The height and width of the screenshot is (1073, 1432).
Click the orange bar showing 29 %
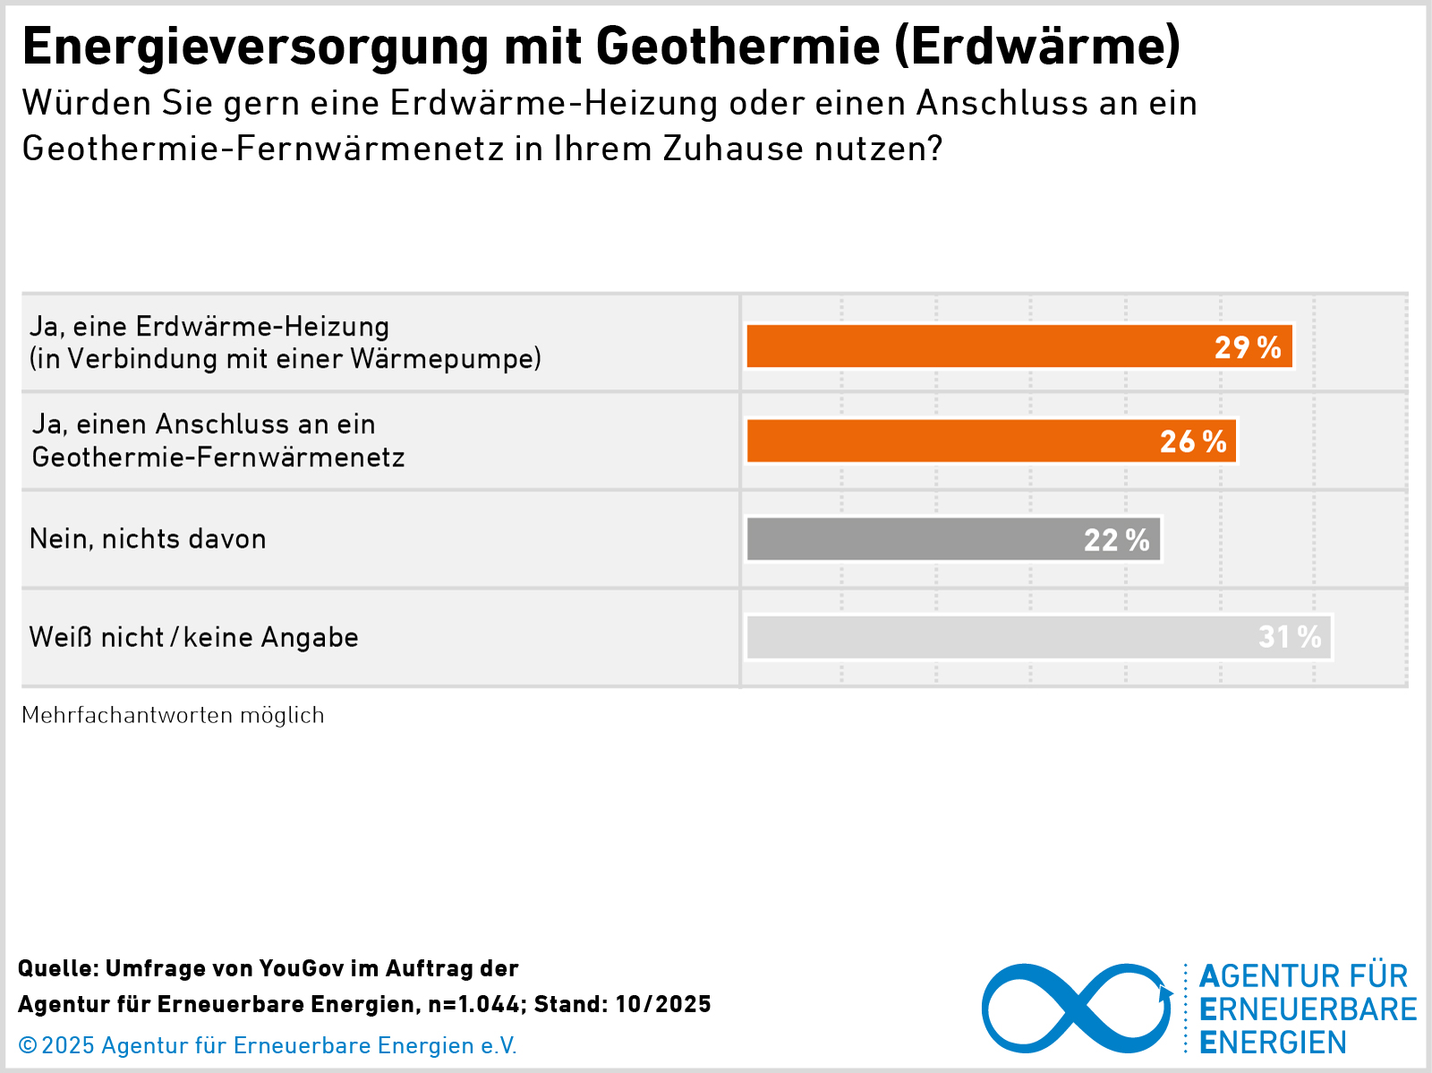[976, 346]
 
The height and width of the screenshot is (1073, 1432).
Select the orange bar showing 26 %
[949, 441]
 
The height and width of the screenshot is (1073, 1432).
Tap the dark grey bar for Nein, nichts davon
[913, 539]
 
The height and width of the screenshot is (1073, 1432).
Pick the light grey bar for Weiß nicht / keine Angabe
[993, 637]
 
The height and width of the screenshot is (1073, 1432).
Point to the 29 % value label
[1248, 347]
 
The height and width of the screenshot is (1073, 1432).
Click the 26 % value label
[1193, 442]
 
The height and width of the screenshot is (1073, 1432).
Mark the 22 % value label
[1117, 540]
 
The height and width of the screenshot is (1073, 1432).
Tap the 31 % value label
[1290, 637]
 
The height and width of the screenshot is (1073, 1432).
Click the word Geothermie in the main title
[738, 47]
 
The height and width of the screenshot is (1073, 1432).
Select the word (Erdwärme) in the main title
[1037, 47]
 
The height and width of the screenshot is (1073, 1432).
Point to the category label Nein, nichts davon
[148, 539]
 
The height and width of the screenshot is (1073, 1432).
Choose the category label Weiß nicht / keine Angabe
[193, 637]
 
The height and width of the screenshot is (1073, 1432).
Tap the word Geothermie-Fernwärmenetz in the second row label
[218, 457]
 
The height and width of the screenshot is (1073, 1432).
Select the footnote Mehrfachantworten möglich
[173, 715]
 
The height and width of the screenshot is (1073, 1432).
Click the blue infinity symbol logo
[1077, 1009]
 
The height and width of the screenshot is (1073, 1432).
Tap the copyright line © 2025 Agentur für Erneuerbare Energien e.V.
[268, 1045]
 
